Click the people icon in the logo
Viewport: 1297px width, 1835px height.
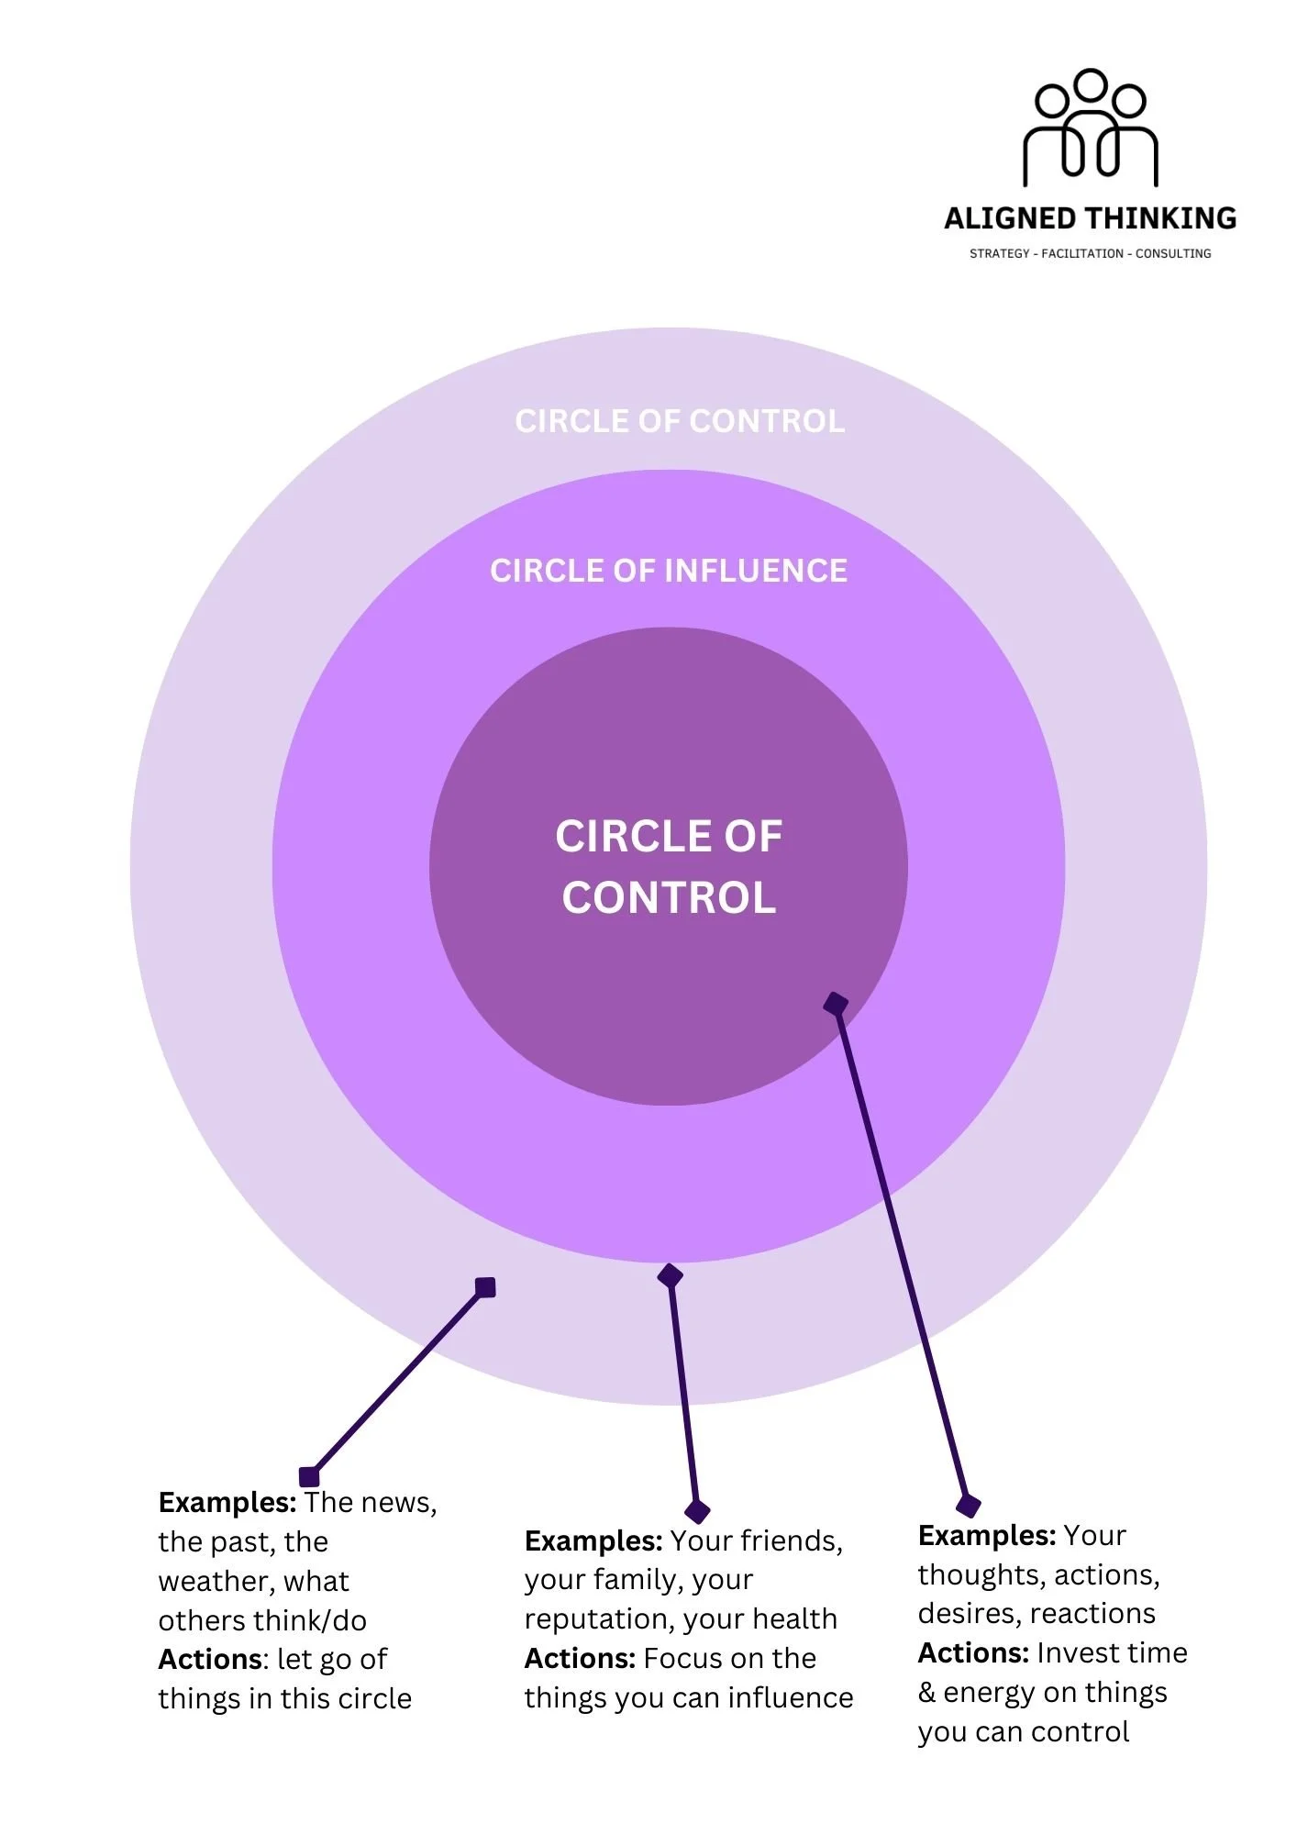1091,128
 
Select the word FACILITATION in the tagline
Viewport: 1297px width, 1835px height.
1081,253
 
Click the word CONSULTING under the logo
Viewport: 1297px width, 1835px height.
1173,253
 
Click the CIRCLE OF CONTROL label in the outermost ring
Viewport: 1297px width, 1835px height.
680,421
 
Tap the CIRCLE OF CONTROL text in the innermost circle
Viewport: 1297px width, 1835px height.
669,866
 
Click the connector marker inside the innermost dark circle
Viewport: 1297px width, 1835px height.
836,1004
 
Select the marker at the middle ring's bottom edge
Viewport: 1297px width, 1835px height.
671,1275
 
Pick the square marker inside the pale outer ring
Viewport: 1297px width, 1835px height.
485,1288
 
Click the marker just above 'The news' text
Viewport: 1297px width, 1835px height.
309,1476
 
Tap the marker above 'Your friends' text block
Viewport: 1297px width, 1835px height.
697,1511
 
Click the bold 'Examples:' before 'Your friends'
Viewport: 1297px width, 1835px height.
593,1540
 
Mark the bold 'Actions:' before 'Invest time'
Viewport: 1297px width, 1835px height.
972,1652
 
